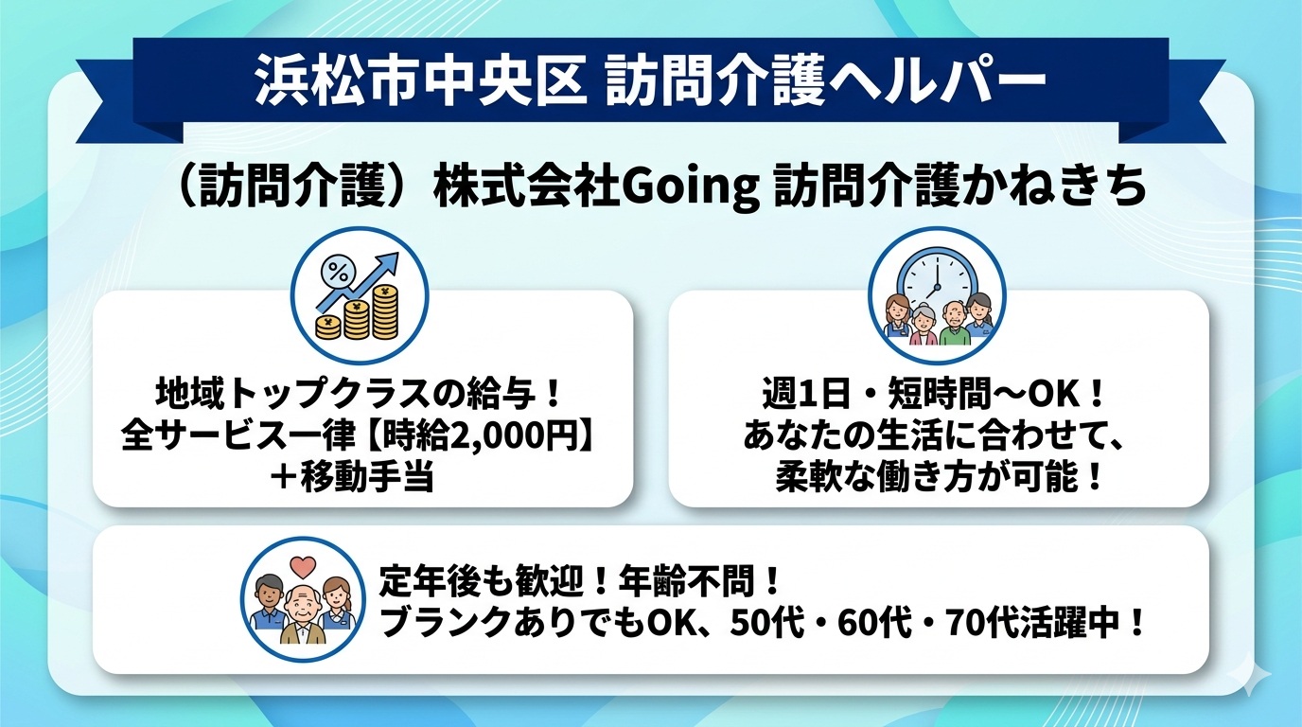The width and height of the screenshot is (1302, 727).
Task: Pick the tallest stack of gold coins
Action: click(385, 311)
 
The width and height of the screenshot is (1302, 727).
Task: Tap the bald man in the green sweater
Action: click(955, 327)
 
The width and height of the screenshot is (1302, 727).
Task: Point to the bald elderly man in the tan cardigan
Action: click(303, 614)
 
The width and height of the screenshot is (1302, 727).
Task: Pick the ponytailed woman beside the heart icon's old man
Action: click(335, 606)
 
